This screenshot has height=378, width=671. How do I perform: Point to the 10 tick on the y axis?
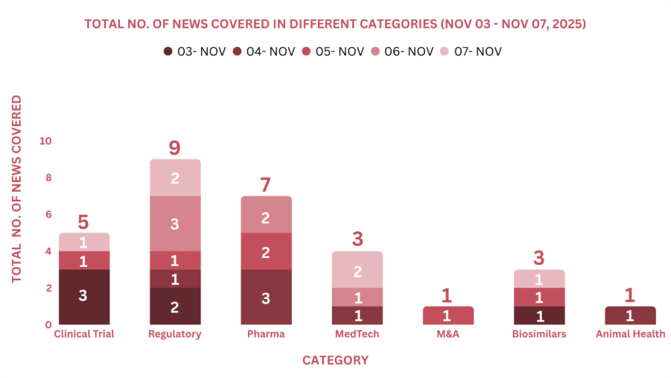tap(45, 141)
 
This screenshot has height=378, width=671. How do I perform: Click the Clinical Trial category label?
tap(83, 334)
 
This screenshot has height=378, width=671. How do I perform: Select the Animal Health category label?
tap(630, 334)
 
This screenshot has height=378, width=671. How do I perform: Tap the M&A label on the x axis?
tap(447, 334)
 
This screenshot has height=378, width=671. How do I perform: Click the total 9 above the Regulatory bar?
tap(174, 148)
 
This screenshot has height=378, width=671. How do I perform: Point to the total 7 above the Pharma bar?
tap(266, 184)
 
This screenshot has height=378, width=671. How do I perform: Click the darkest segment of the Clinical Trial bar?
tap(83, 296)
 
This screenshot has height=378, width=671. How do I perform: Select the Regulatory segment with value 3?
tap(174, 224)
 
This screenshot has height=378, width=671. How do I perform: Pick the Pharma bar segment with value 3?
tap(266, 297)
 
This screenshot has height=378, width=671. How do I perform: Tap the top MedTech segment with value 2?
tap(357, 270)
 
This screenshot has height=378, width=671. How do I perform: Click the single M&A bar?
tap(447, 315)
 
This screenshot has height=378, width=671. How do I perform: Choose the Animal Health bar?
tap(630, 315)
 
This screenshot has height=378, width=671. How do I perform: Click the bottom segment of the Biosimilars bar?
tap(538, 315)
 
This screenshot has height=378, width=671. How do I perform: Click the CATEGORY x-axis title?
tap(335, 360)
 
